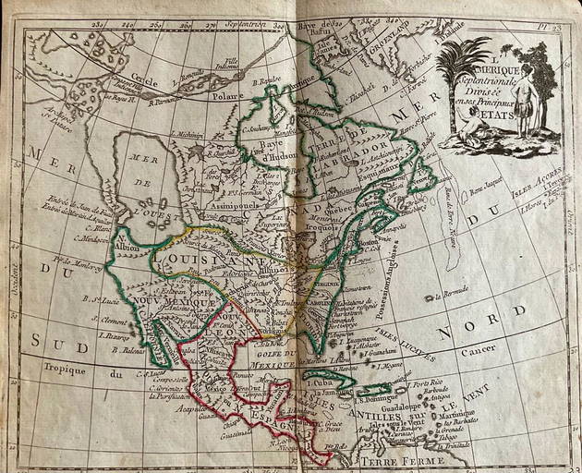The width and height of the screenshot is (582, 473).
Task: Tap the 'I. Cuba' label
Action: click(x=321, y=382)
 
